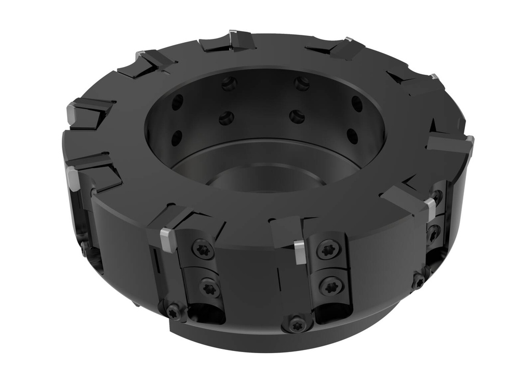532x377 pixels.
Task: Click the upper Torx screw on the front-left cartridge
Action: point(203,249)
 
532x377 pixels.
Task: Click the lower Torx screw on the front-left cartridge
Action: point(210,287)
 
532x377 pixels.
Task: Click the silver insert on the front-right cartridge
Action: point(431,208)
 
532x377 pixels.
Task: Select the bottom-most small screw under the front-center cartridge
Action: point(296,326)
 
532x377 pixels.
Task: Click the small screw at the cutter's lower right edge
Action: point(419,281)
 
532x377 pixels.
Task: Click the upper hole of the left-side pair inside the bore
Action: point(178,102)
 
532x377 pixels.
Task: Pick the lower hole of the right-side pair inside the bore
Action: point(353,136)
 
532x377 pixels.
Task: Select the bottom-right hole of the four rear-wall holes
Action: point(297,116)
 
